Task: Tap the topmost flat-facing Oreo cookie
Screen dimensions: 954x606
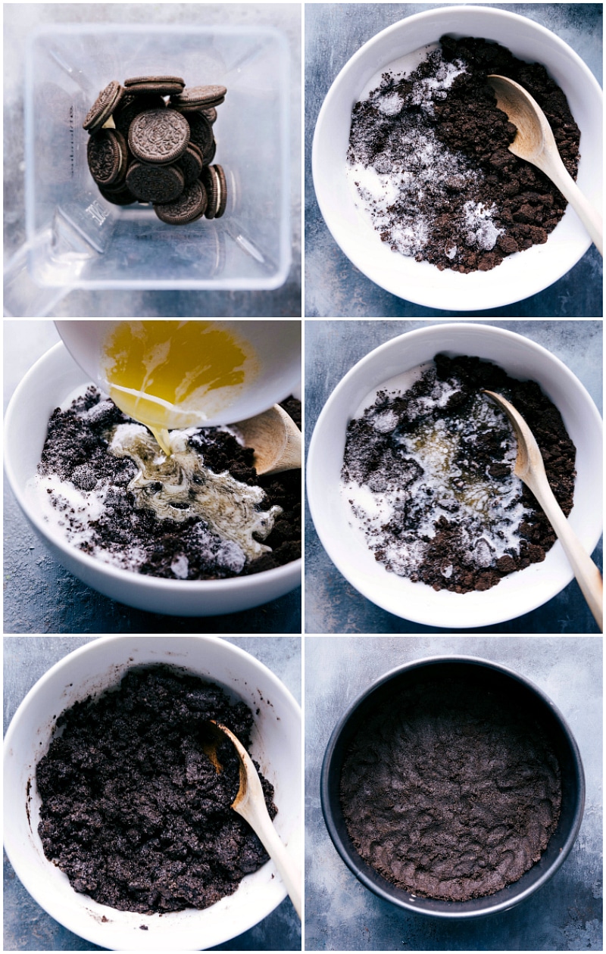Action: [x=158, y=136]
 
